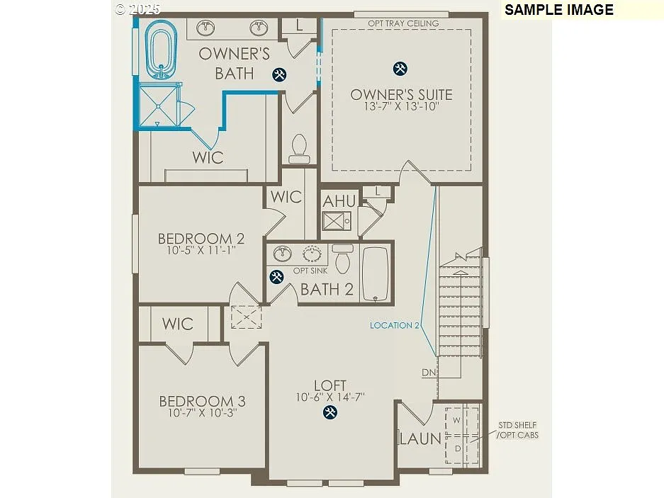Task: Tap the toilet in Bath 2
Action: [x=343, y=260]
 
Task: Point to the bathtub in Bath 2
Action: [x=375, y=274]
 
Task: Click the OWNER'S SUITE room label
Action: [x=401, y=94]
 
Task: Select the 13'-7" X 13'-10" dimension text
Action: [x=401, y=107]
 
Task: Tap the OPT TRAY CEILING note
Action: [x=403, y=23]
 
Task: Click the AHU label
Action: [x=339, y=201]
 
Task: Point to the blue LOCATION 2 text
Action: [x=395, y=325]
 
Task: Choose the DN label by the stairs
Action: [x=429, y=373]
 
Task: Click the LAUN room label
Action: [x=420, y=439]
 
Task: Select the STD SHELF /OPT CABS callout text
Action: [x=517, y=430]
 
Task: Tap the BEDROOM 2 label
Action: [x=196, y=239]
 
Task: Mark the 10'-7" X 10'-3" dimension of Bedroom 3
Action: [x=202, y=413]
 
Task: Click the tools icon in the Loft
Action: [x=330, y=412]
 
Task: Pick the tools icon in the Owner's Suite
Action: [x=400, y=68]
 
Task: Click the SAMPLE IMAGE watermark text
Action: [x=558, y=10]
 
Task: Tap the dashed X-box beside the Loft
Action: [x=246, y=317]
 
